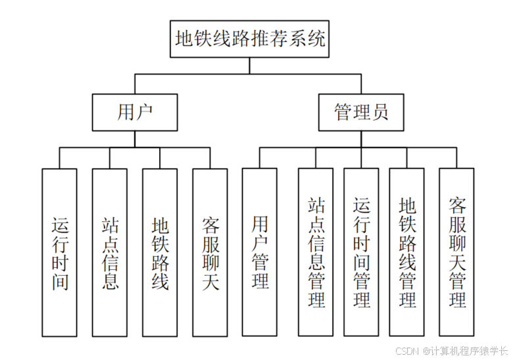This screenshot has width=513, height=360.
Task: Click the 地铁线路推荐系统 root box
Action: click(250, 39)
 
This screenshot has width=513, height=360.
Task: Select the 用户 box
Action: click(135, 112)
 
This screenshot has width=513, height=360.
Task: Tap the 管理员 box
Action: click(361, 112)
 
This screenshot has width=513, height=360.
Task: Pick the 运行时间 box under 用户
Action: click(59, 253)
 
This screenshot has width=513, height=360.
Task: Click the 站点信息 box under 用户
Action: click(109, 253)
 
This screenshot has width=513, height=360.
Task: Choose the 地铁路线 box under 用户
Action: click(160, 253)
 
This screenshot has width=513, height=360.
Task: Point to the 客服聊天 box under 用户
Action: click(210, 253)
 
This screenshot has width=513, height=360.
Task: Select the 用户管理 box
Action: click(260, 253)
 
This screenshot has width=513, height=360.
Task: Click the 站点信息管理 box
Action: click(316, 253)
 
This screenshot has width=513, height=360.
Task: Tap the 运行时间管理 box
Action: click(361, 253)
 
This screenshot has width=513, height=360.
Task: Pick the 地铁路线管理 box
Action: click(406, 253)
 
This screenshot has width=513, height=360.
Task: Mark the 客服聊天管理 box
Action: click(457, 253)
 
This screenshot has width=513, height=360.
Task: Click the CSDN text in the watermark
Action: click(408, 351)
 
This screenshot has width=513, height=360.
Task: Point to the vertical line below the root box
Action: click(250, 66)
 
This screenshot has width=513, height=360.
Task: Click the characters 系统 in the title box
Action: click(310, 38)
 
